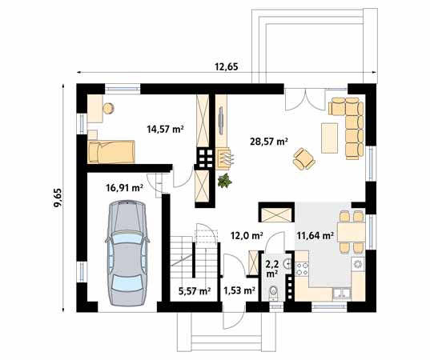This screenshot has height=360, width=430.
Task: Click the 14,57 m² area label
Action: (x=165, y=127)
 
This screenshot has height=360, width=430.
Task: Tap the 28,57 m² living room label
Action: (x=270, y=142)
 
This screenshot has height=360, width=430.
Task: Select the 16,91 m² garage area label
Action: (x=124, y=189)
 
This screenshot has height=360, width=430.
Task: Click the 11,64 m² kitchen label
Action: (x=314, y=235)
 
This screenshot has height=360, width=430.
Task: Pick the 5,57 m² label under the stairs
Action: (x=194, y=292)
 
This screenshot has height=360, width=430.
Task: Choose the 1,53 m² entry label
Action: (x=239, y=292)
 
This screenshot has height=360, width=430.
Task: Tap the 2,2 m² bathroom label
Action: (x=272, y=267)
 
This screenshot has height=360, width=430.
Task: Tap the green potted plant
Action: (x=225, y=181)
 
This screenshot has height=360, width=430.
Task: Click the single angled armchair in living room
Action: (x=304, y=158)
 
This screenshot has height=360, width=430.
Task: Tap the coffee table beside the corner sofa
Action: (x=329, y=136)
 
